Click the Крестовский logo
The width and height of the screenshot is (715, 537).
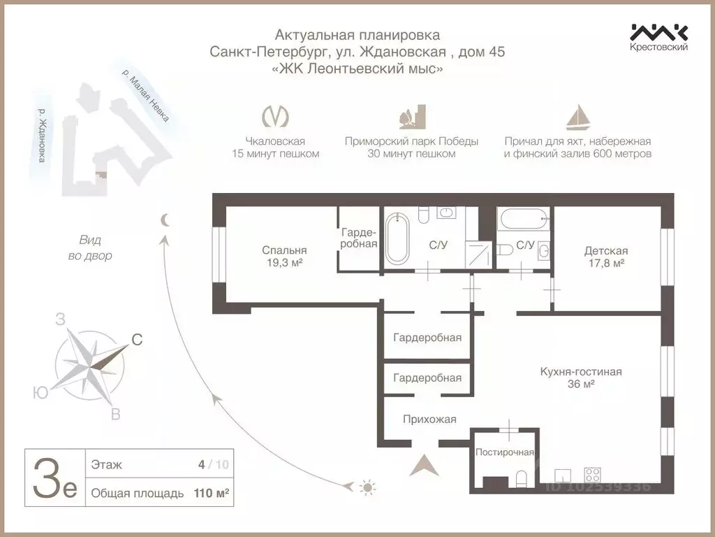[659, 37]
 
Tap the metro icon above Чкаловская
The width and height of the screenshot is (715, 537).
[275, 117]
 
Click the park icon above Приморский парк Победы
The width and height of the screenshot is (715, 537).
[411, 116]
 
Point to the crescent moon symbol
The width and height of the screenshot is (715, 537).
[165, 220]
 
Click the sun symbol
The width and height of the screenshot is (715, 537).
[367, 486]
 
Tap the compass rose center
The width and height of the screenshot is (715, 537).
[89, 364]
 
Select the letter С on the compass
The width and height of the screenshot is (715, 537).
[138, 341]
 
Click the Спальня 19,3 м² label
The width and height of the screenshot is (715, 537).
[284, 256]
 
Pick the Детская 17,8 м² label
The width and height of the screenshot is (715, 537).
[605, 257]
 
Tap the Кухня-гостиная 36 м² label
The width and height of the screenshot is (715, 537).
[580, 378]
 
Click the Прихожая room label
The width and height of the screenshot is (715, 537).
[429, 420]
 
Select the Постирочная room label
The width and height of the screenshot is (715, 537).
[505, 452]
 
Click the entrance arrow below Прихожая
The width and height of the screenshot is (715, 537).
[424, 464]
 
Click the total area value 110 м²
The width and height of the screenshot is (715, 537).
[212, 493]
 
